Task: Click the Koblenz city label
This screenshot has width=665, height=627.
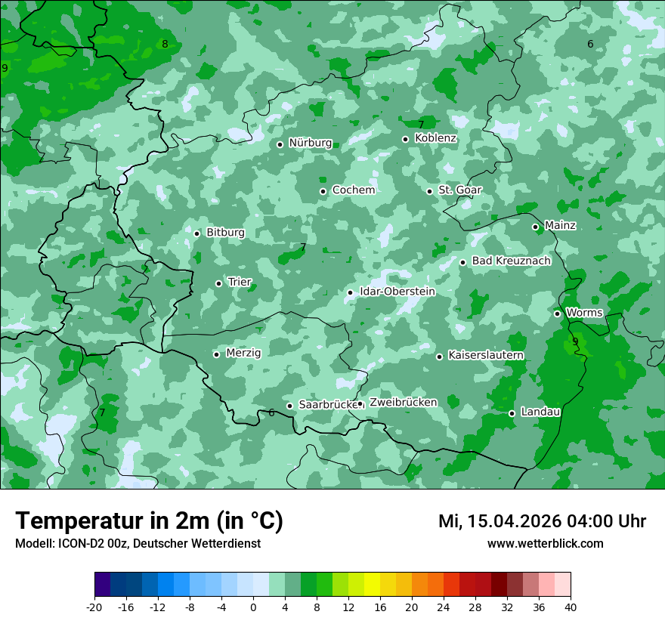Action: pos(435,138)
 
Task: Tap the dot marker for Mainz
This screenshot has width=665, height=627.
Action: pos(535,227)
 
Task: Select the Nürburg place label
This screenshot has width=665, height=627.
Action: pos(310,143)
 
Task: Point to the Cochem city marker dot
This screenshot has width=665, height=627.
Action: pos(323,191)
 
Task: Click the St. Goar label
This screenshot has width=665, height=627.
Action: pos(459,190)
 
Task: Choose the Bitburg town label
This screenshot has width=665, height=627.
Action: pos(225,233)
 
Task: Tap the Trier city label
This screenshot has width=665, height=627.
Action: pos(240,282)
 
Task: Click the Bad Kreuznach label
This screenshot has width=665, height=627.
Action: pos(511,261)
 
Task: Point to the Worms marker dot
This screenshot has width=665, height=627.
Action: pos(557,313)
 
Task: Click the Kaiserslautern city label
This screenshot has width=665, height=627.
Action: pos(485,355)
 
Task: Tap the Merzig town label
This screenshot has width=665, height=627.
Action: pos(243,353)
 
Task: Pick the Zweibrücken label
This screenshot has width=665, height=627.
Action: pos(403,403)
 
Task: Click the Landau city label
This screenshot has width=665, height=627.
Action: pos(540,412)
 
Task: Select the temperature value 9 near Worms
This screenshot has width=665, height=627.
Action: pos(575,342)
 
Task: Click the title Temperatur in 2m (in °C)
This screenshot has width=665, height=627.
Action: pos(149,521)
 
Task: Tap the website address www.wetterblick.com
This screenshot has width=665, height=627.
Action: pos(545,544)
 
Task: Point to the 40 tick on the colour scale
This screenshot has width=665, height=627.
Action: pos(571,607)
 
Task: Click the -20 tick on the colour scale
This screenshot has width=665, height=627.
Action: pos(94,607)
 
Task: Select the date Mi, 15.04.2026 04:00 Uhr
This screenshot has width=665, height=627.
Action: pos(542,521)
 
